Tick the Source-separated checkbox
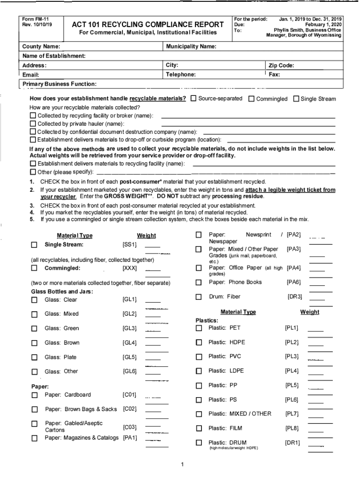(x=193, y=99)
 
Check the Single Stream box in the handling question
(x=296, y=99)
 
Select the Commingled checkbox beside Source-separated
(x=252, y=99)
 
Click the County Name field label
(x=41, y=47)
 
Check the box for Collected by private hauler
(x=33, y=124)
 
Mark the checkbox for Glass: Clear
(x=34, y=300)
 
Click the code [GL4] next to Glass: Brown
(x=130, y=343)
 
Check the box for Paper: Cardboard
(x=34, y=395)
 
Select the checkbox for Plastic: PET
(x=199, y=328)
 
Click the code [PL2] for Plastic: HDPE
(x=292, y=342)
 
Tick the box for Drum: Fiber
(x=199, y=297)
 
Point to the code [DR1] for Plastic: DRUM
(x=292, y=443)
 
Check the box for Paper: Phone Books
(x=199, y=283)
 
